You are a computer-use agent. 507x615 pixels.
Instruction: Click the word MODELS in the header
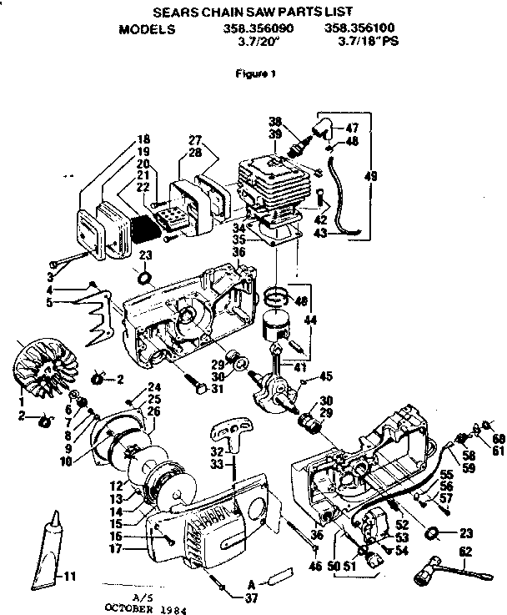pyautogui.click(x=148, y=28)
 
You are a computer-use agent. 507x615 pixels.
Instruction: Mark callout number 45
pyautogui.click(x=326, y=376)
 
